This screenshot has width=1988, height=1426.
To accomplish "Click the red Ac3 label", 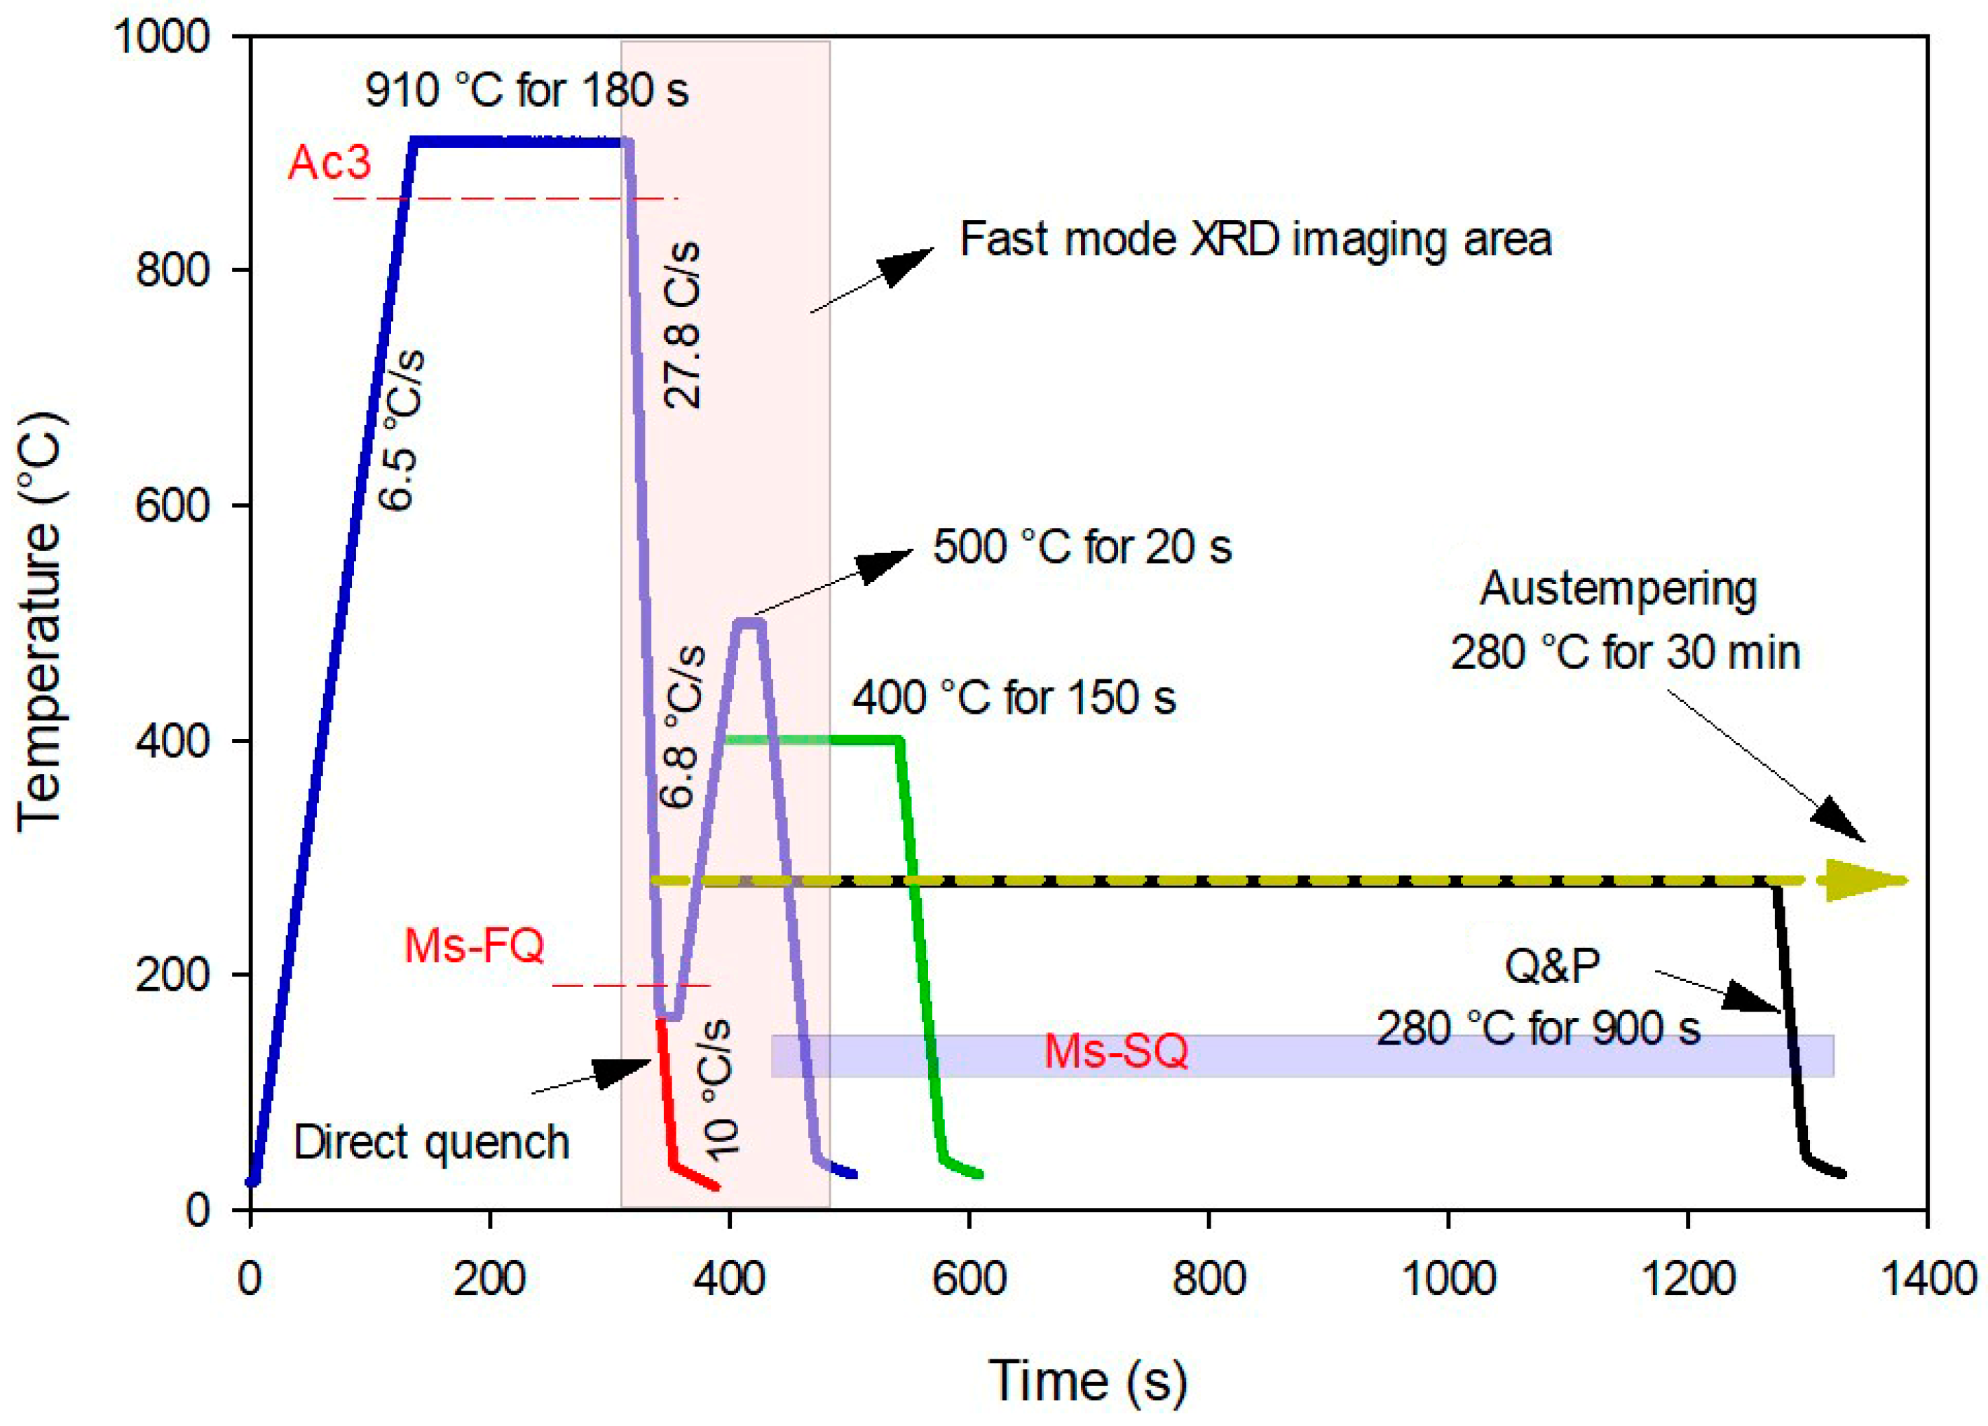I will click(329, 163).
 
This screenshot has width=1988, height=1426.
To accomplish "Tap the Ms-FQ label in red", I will click(474, 946).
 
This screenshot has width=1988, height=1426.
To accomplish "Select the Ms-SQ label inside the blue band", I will click(1116, 1051).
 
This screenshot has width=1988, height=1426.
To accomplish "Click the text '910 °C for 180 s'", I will click(527, 90).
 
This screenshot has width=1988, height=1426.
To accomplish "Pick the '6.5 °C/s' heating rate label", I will click(402, 430).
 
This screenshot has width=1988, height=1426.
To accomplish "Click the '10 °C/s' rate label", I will click(721, 1089).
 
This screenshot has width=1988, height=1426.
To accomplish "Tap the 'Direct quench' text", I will click(431, 1143).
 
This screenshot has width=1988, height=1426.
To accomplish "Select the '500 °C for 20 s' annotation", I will click(1082, 547).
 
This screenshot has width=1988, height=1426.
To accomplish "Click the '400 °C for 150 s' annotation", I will click(1014, 698).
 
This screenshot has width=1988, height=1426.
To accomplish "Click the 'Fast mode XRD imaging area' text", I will click(1255, 239).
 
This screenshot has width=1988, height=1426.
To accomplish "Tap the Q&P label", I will click(1551, 966).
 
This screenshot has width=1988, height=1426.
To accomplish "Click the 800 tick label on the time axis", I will click(1209, 1279).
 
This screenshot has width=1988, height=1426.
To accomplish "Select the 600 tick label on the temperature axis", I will click(172, 505).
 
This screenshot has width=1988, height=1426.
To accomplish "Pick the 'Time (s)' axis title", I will click(1088, 1380).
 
